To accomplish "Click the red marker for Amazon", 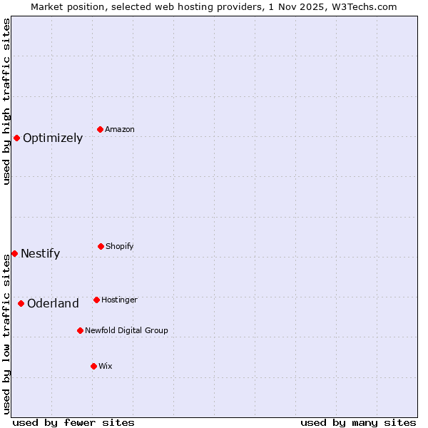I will click(100, 129).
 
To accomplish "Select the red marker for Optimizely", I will click(16, 138).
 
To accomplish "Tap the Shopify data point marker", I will click(101, 246).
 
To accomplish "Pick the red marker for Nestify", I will click(14, 253).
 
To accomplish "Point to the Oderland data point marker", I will click(21, 303).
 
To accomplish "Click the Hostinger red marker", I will click(96, 300).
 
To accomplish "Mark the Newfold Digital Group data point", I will click(80, 330).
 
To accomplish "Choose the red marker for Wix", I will click(93, 366).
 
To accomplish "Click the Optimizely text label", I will click(53, 138).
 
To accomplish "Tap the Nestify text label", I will click(40, 254).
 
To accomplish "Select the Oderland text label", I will click(53, 304).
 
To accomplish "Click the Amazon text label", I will click(120, 130).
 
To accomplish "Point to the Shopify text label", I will click(120, 247).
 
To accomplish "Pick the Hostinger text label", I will click(119, 300).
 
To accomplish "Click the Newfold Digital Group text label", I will click(126, 331).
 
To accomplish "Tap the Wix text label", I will click(106, 367).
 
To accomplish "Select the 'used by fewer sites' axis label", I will click(73, 422).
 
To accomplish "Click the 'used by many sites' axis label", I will click(358, 422).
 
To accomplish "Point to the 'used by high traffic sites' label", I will click(6, 101).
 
